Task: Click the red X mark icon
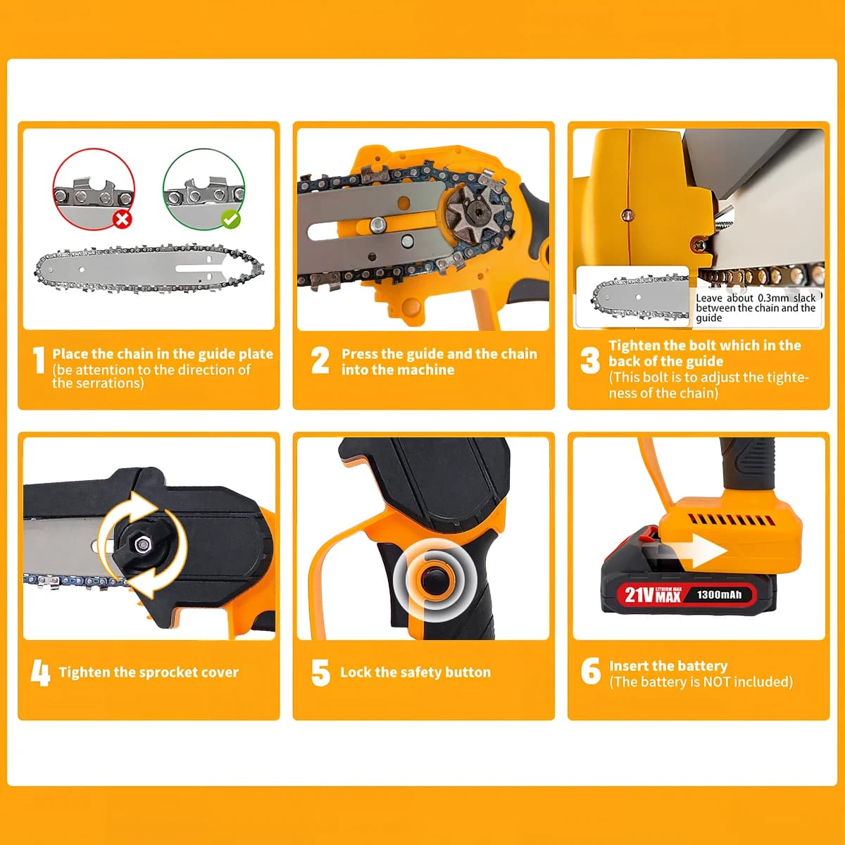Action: pyautogui.click(x=123, y=219)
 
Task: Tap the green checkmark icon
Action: pyautogui.click(x=231, y=219)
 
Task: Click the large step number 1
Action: pyautogui.click(x=39, y=360)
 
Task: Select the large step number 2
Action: pyautogui.click(x=320, y=360)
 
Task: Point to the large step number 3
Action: pyautogui.click(x=590, y=361)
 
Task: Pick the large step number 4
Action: pyautogui.click(x=40, y=672)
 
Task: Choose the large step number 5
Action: pyautogui.click(x=320, y=672)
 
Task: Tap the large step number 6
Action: pyautogui.click(x=591, y=671)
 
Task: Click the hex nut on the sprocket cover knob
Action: pyautogui.click(x=142, y=545)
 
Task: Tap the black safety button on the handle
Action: pyautogui.click(x=433, y=580)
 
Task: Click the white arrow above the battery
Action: pyautogui.click(x=698, y=551)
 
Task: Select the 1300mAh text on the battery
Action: pyautogui.click(x=719, y=594)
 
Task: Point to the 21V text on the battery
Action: pyautogui.click(x=639, y=595)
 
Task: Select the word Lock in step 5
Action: pyautogui.click(x=356, y=672)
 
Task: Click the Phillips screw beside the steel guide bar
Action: pyautogui.click(x=700, y=244)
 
